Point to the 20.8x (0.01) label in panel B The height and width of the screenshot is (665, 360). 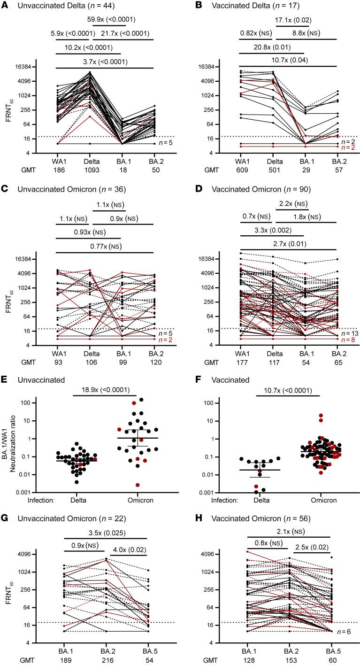point(272,47)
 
